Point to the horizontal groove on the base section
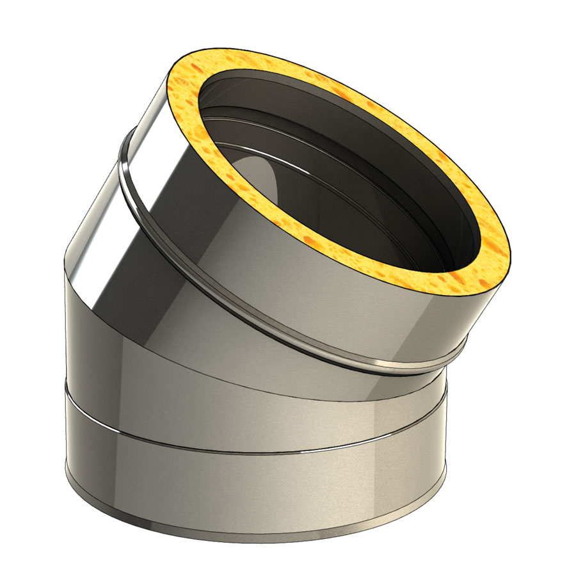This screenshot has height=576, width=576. (x=256, y=448)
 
